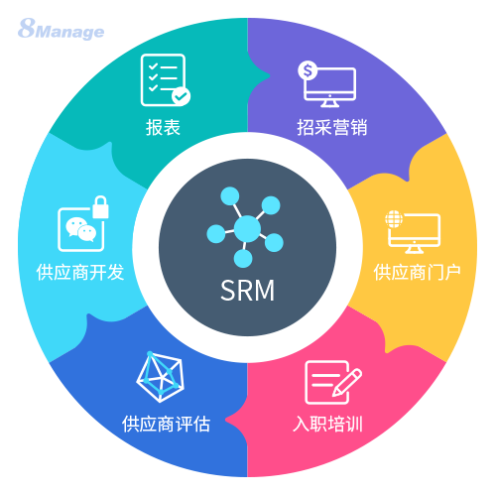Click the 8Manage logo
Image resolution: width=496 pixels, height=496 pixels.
[62, 29]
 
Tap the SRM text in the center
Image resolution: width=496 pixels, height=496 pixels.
[247, 291]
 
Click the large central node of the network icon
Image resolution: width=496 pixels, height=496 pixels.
[247, 228]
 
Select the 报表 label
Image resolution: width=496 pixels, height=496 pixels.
[163, 127]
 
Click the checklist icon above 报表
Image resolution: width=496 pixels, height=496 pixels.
[166, 80]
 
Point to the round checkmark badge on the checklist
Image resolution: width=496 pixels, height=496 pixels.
[181, 96]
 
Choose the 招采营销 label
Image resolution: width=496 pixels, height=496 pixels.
[332, 127]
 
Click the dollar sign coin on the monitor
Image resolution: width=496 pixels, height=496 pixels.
[308, 70]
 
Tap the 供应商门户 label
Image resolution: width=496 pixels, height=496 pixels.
[418, 273]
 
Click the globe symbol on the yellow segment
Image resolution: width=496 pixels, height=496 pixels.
[394, 219]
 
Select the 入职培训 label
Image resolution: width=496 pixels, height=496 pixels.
[327, 424]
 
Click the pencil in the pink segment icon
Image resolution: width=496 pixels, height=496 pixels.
[347, 383]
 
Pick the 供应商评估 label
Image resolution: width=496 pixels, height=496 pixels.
[166, 424]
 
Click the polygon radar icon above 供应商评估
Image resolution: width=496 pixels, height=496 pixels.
[160, 377]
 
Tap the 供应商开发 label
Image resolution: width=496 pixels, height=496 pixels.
[80, 273]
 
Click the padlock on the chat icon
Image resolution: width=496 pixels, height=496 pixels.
[100, 207]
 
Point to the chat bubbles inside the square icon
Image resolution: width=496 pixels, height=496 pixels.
[81, 229]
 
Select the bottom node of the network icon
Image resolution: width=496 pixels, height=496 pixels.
[243, 258]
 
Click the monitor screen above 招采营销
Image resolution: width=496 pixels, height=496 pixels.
[330, 82]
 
